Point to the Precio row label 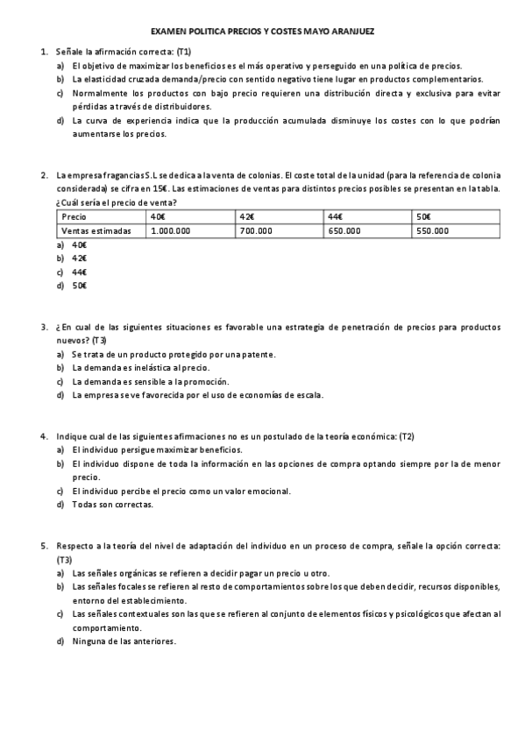click(74, 216)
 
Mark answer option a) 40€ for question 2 click(79, 245)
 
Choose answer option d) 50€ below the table click(79, 286)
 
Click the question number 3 click(44, 327)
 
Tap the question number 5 click(44, 546)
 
